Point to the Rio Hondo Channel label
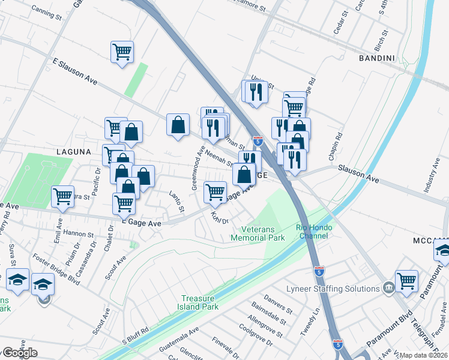tap(312, 232)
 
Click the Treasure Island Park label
tap(200, 302)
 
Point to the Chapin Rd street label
tap(334, 146)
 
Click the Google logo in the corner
tap(19, 353)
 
